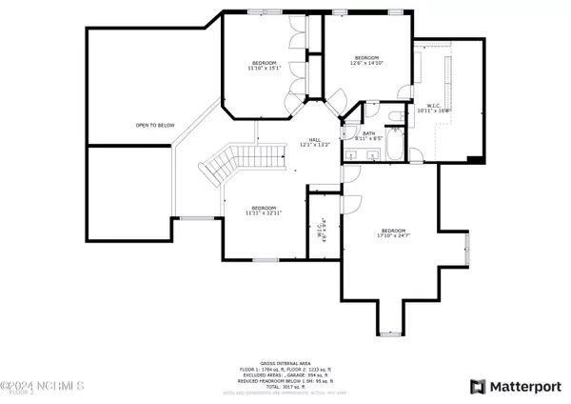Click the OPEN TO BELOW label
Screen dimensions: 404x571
point(154,124)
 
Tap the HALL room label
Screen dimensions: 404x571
point(313,142)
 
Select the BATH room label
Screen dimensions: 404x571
point(368,135)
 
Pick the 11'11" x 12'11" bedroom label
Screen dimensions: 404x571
point(264,211)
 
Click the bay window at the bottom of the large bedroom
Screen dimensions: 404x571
point(391,333)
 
